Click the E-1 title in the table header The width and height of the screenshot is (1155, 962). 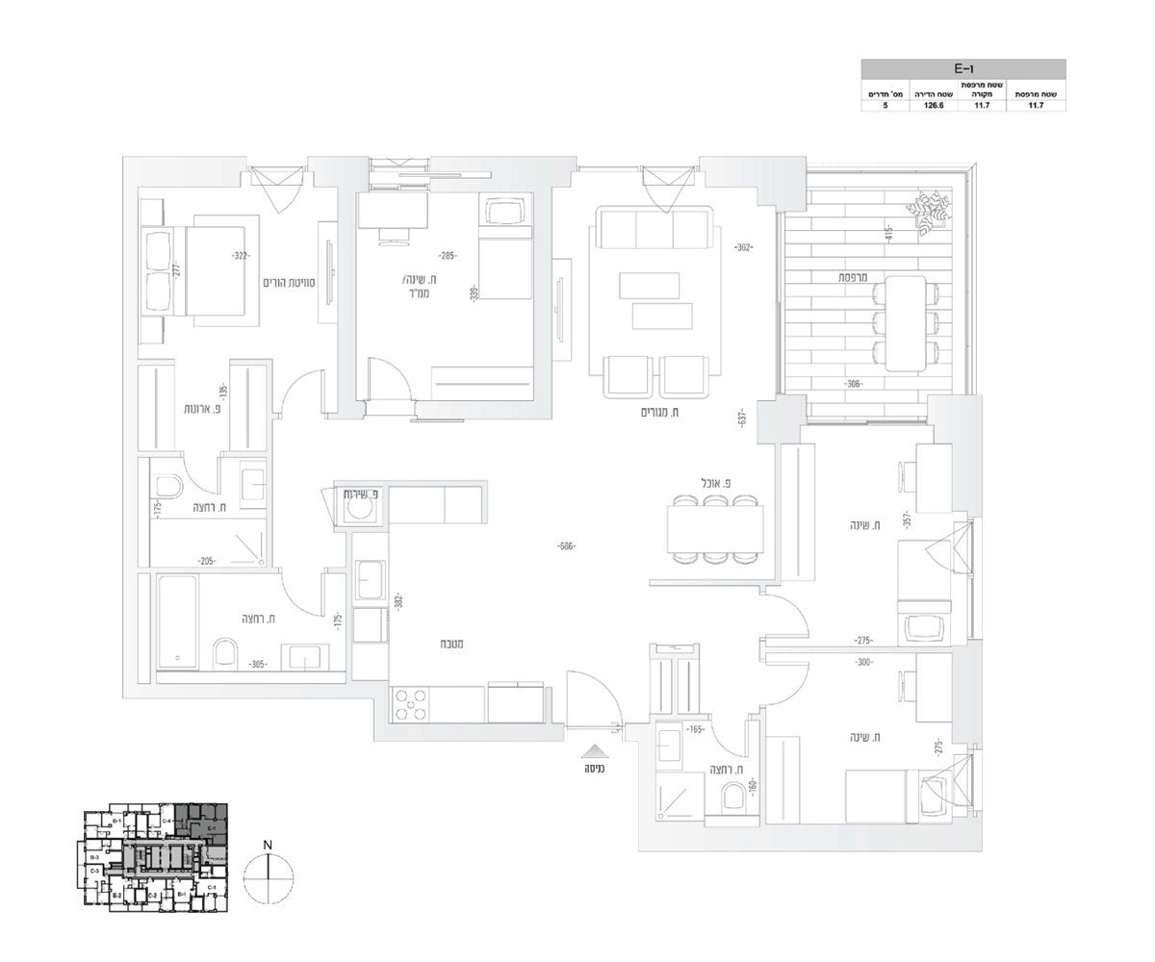click(x=962, y=69)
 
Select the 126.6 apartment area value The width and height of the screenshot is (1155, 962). click(x=933, y=106)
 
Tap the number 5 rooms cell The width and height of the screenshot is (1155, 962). click(x=885, y=106)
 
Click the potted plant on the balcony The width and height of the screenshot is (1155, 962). click(x=930, y=211)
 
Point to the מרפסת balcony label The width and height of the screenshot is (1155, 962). click(x=853, y=277)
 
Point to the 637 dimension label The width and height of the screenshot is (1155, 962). click(x=742, y=419)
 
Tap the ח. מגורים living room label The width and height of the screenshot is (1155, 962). click(x=661, y=413)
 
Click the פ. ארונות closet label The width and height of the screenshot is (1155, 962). click(x=204, y=409)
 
